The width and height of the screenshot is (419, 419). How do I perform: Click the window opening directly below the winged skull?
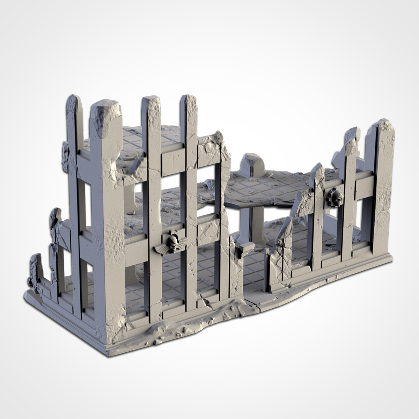pyautogui.click(x=171, y=279)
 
